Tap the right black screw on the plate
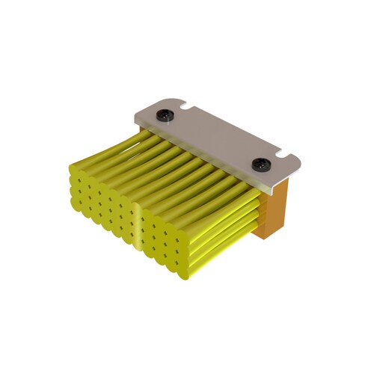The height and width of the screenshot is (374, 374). tap(260, 164)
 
